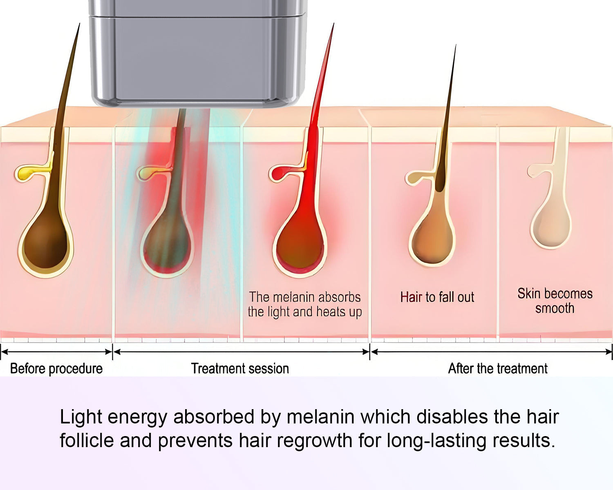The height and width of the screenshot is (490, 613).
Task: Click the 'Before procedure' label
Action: tap(56, 368)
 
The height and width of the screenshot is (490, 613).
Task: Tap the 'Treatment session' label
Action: tap(240, 368)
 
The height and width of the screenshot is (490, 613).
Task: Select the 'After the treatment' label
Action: tap(498, 368)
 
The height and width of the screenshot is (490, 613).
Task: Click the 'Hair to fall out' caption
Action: tap(437, 297)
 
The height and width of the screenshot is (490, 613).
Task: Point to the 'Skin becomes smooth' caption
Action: tap(555, 301)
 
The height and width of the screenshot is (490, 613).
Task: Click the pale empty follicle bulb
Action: tap(550, 227)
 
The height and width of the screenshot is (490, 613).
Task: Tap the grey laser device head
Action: tap(197, 57)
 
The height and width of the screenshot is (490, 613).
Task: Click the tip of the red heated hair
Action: tap(333, 25)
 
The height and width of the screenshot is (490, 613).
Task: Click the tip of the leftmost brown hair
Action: tap(79, 24)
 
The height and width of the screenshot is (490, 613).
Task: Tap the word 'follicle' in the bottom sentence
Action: tap(87, 441)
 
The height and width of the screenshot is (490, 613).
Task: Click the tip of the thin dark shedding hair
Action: tap(455, 47)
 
